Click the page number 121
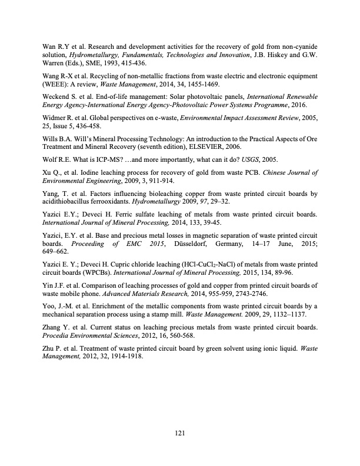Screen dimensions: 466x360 [x=181, y=434]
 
